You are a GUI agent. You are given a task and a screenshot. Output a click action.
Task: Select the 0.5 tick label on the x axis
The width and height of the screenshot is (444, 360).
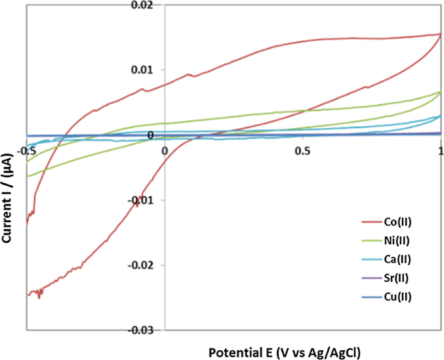302,149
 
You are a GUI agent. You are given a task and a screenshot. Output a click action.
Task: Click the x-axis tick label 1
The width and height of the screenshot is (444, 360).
440,149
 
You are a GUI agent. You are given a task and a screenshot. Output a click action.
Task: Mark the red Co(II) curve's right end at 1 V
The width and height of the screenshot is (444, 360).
440,34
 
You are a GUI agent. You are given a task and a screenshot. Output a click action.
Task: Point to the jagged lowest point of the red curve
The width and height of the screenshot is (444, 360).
40,297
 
